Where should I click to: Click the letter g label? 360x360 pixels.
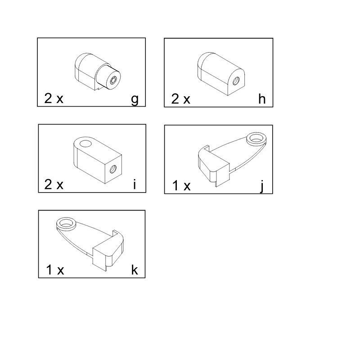pyautogui.click(x=135, y=100)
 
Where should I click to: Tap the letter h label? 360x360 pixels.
pyautogui.click(x=262, y=99)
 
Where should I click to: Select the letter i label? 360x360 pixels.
pyautogui.click(x=135, y=184)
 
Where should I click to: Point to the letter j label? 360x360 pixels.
pyautogui.click(x=262, y=186)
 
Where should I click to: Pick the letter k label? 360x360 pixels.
pyautogui.click(x=135, y=270)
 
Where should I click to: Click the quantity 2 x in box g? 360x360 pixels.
pyautogui.click(x=54, y=98)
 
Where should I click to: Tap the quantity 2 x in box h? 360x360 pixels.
pyautogui.click(x=181, y=99)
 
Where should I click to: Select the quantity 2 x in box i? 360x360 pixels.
pyautogui.click(x=54, y=184)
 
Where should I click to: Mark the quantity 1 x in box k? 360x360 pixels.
pyautogui.click(x=55, y=270)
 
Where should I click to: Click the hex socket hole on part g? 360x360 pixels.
pyautogui.click(x=114, y=81)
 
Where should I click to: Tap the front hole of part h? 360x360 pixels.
pyautogui.click(x=236, y=81)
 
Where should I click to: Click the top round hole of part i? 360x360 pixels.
pyautogui.click(x=85, y=144)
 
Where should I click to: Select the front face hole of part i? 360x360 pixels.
pyautogui.click(x=112, y=170)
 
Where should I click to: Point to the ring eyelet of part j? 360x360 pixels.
pyautogui.click(x=257, y=139)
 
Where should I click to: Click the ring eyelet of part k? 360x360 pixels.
pyautogui.click(x=67, y=223)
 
